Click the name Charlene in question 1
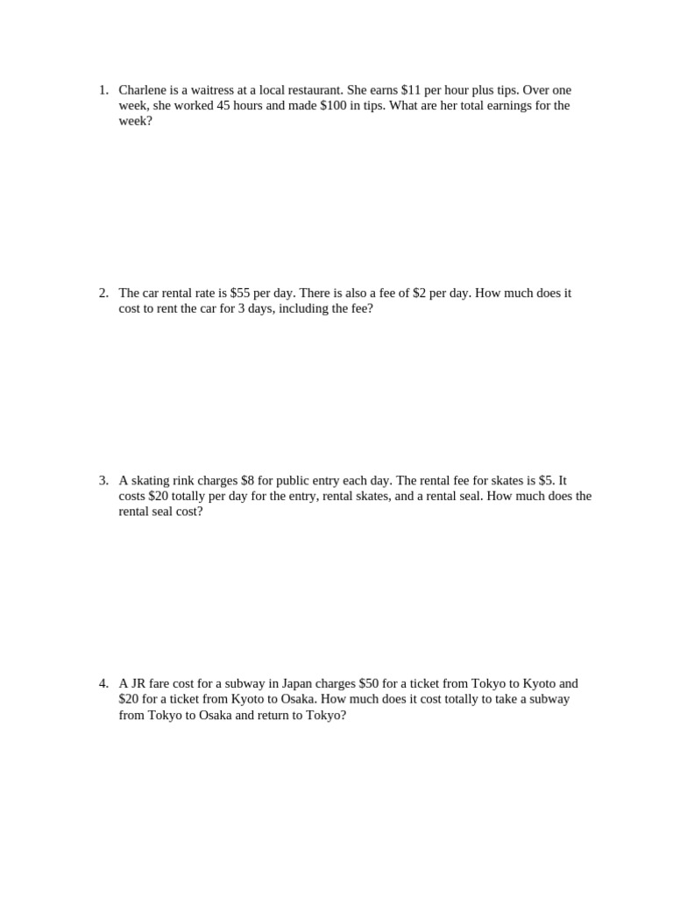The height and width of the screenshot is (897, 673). coord(144,90)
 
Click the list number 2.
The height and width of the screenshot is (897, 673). coord(103,293)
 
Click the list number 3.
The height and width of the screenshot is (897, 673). coord(103,480)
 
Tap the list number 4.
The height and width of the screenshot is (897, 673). coord(103,683)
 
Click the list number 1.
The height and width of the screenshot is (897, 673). coord(103,90)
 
